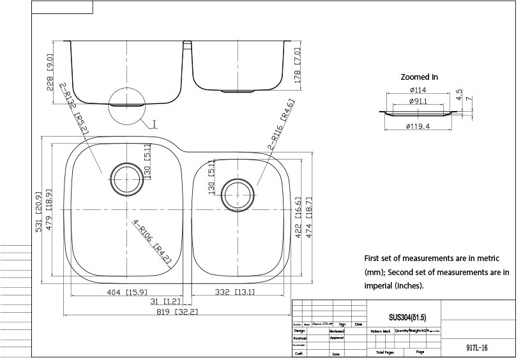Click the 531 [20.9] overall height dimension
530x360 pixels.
coord(39,211)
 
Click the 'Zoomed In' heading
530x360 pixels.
coord(419,77)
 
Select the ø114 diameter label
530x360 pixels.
coord(418,90)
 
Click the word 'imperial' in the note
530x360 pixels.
coord(381,285)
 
